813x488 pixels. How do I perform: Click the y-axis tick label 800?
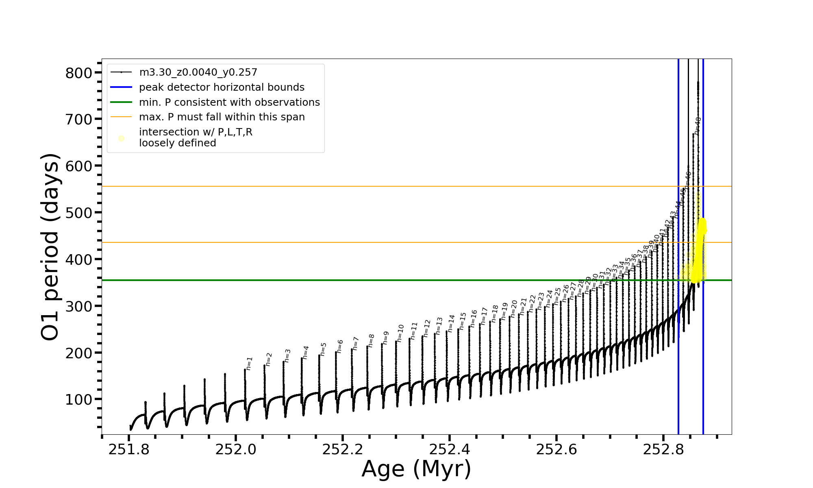click(x=79, y=73)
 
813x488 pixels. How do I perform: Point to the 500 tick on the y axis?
click(x=79, y=213)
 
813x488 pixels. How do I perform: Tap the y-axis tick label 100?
click(x=79, y=399)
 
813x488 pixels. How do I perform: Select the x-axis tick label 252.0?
click(x=236, y=449)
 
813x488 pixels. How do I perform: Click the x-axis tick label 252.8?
click(x=663, y=449)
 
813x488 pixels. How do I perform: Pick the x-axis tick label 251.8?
click(x=129, y=449)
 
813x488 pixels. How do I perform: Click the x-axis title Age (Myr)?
click(x=416, y=469)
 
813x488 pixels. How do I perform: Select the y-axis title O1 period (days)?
click(x=50, y=247)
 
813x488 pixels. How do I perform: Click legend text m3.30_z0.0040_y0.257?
click(x=198, y=72)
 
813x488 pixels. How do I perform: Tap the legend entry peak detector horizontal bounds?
click(x=222, y=87)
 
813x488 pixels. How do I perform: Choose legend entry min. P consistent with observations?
click(x=229, y=102)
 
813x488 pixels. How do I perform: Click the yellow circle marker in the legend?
click(x=121, y=138)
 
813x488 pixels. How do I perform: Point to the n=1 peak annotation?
click(x=250, y=363)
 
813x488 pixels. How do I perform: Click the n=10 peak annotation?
click(x=401, y=333)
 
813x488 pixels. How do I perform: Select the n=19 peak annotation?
click(x=505, y=311)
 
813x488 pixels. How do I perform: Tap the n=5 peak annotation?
click(x=324, y=349)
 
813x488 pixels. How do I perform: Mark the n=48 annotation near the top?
click(x=698, y=126)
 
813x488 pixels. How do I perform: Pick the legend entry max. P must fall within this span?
click(x=222, y=117)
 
